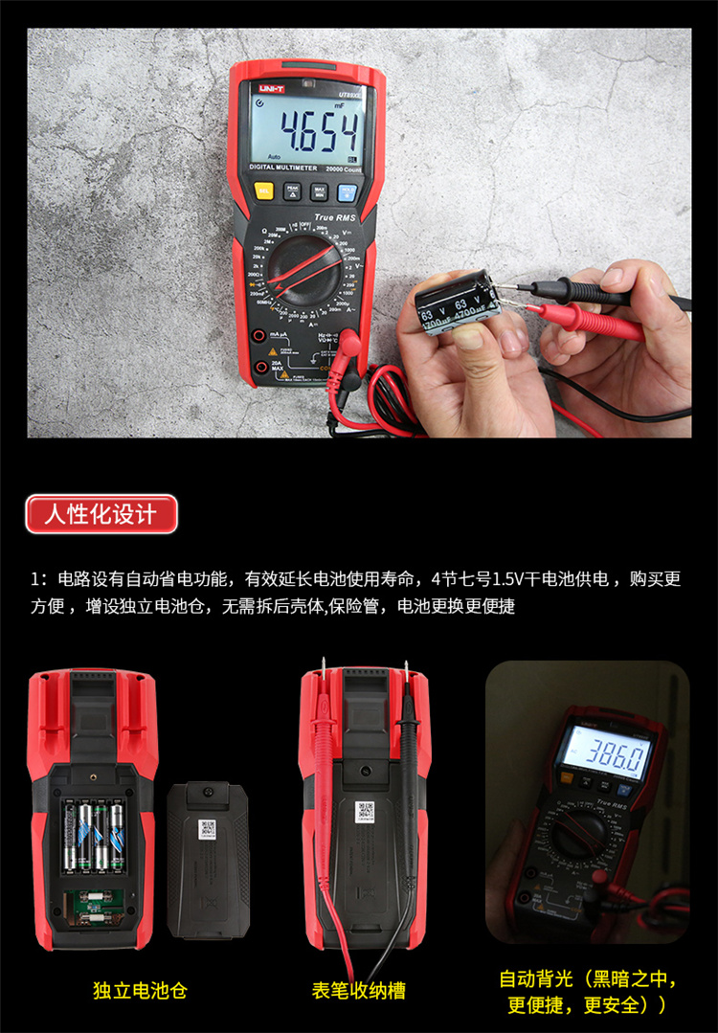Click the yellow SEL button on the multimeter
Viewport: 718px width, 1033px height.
point(264,191)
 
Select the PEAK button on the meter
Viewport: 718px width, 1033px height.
point(292,191)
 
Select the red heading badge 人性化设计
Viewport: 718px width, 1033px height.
point(101,514)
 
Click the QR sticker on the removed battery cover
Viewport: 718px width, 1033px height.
point(207,829)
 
